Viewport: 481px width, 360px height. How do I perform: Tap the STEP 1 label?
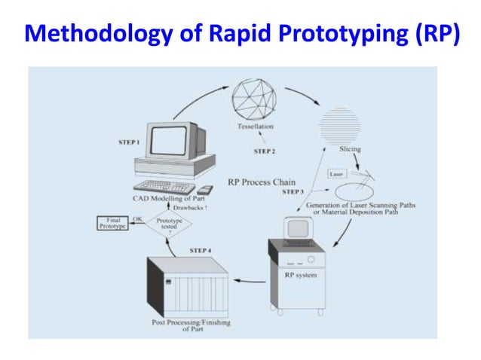(x=131, y=141)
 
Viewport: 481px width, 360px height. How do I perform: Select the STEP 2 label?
(x=265, y=151)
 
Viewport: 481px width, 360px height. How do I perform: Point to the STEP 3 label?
(x=293, y=192)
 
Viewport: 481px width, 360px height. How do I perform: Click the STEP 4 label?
(x=200, y=249)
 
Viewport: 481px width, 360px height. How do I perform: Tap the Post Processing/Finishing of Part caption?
(x=186, y=325)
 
